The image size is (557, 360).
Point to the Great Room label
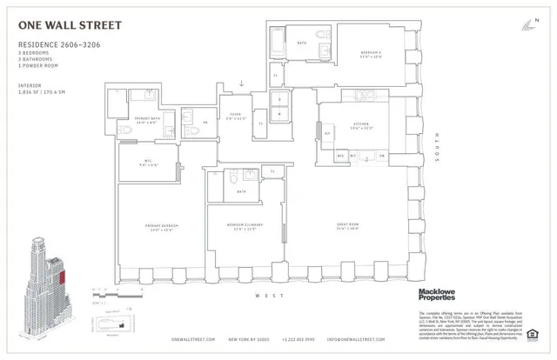(348, 228)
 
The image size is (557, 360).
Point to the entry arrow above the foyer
(243, 84)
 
